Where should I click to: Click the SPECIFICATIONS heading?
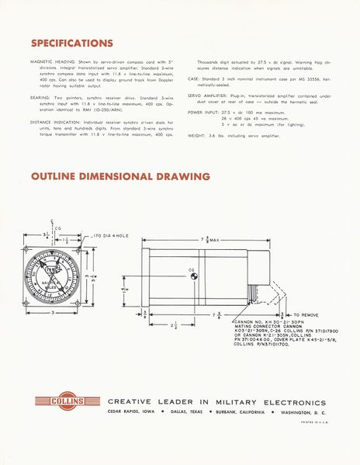[71, 42]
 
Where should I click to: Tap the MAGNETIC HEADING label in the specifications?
[52, 60]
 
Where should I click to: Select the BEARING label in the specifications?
[40, 97]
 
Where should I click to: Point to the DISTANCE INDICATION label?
[54, 122]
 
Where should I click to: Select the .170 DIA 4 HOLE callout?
[116, 234]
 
